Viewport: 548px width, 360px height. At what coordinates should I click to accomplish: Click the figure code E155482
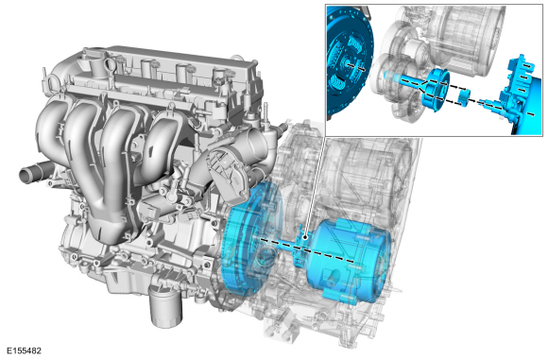[x=24, y=351]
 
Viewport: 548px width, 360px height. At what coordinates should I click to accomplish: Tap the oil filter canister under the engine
[x=166, y=306]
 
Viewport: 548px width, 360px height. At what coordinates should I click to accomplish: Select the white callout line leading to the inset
[x=315, y=186]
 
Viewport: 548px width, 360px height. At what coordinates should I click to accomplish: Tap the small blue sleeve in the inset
[x=464, y=96]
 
